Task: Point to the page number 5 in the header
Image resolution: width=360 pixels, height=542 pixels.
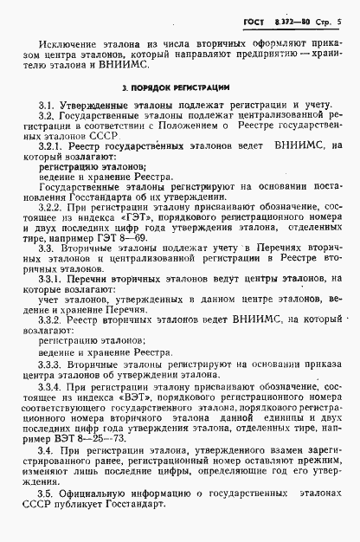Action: [x=341, y=15]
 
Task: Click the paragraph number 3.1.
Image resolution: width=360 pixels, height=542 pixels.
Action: [x=47, y=106]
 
